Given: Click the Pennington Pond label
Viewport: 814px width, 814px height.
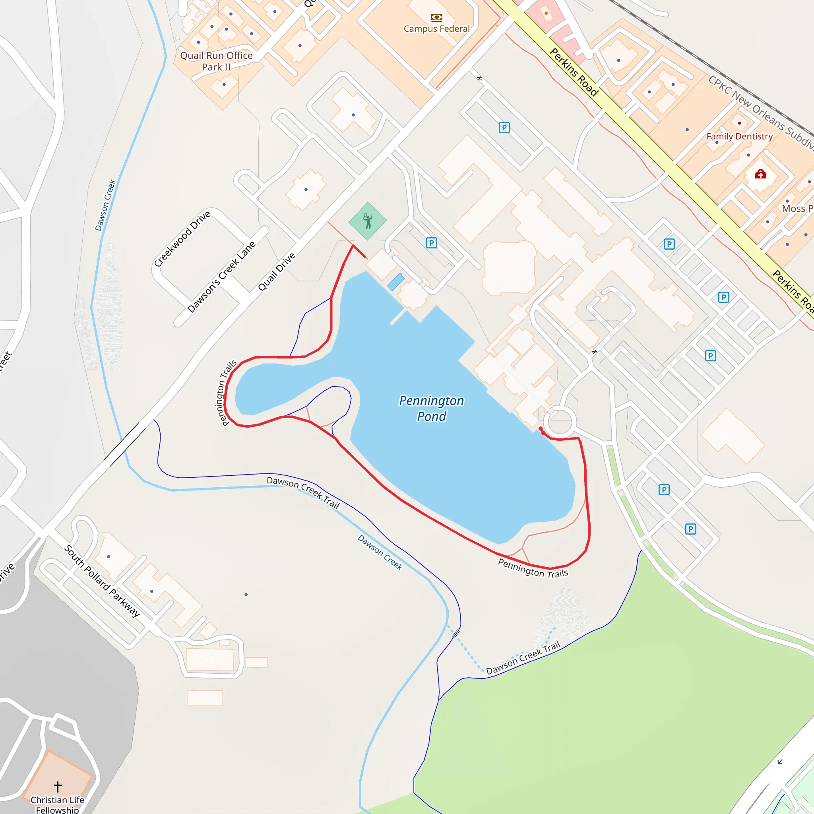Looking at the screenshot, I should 431,408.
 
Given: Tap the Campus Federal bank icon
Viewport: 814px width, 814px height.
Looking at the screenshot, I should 436,17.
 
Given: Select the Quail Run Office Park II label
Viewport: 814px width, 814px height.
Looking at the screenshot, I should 216,61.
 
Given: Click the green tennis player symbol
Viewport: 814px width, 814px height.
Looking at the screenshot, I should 367,221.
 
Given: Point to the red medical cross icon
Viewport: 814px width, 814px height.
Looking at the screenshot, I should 760,174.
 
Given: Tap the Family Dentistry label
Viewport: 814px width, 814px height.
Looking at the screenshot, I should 739,136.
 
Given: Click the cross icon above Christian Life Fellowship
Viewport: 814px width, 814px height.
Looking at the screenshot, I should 58,786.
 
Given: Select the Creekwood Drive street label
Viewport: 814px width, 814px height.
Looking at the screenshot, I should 182,239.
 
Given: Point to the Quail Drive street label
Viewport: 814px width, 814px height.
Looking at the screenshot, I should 276,272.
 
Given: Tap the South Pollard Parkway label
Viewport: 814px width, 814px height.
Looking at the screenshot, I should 102,581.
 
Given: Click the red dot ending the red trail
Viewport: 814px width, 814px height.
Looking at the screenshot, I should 541,428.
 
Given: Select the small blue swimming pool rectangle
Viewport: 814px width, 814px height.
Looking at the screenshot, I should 395,282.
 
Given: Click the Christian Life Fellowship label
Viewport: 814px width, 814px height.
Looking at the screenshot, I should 57,804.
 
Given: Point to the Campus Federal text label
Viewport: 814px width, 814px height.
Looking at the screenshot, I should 436,29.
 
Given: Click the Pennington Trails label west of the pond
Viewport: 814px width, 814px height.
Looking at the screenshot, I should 226,393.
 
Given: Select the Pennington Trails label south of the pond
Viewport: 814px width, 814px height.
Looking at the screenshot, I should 533,568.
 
